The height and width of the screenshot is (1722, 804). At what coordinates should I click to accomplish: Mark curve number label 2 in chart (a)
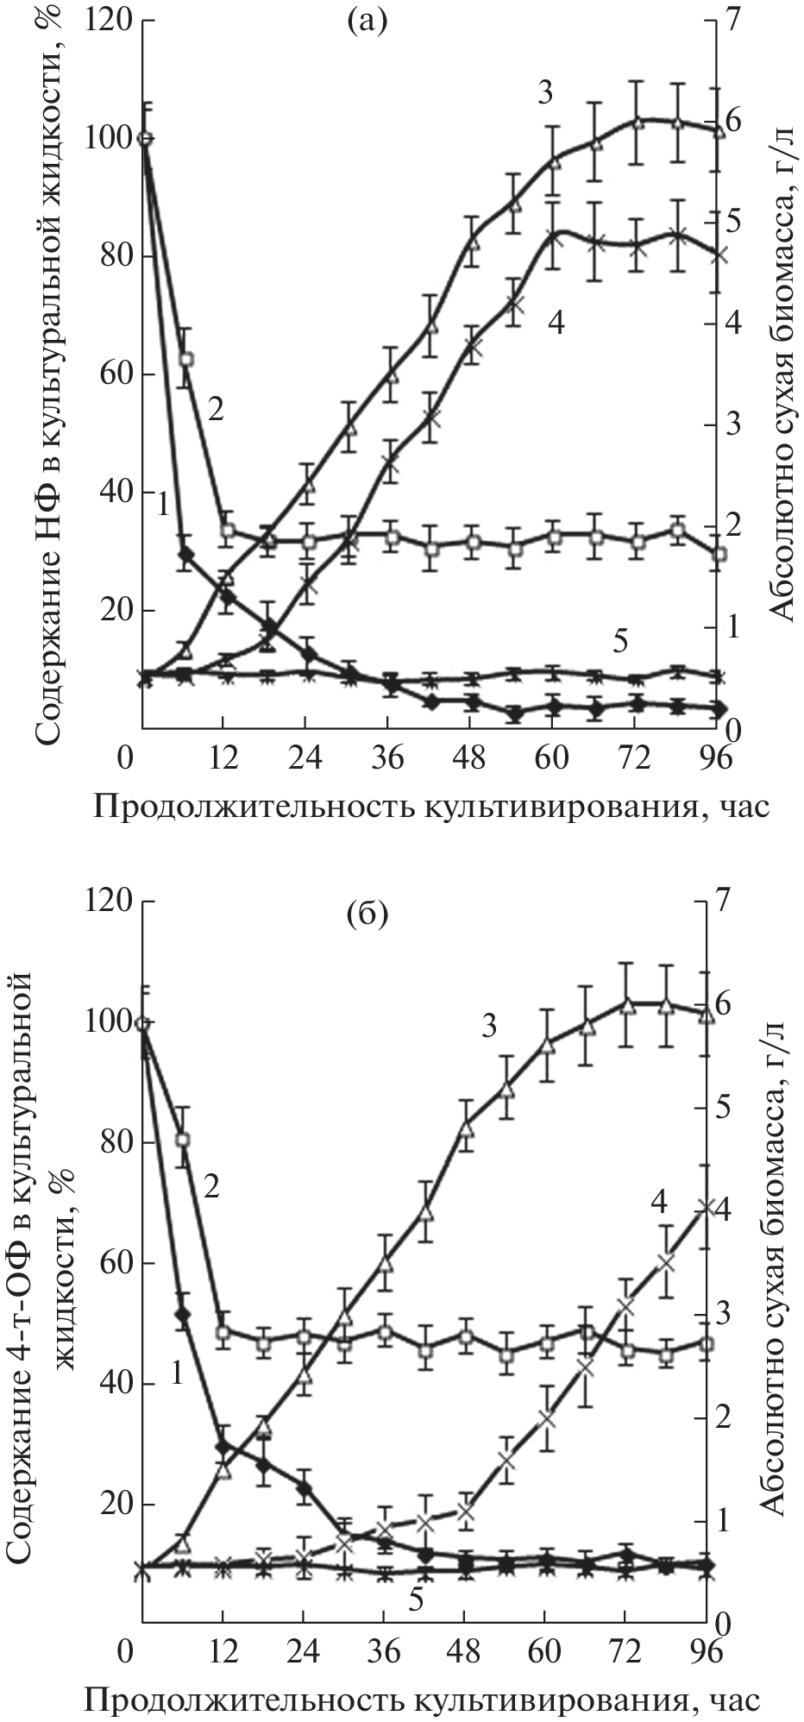point(216,408)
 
